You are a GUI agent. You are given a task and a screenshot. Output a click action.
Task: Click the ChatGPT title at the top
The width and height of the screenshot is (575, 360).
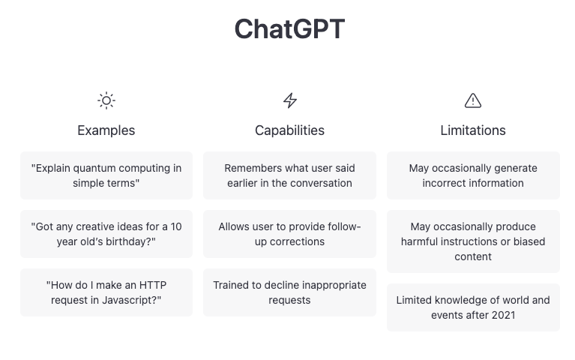click(x=289, y=29)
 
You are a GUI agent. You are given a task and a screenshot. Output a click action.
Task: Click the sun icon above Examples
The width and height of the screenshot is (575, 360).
click(x=106, y=100)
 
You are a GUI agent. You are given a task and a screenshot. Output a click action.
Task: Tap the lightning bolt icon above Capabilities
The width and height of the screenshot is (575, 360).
click(x=289, y=100)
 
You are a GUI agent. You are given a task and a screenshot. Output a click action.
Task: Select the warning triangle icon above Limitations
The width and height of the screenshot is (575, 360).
click(x=473, y=100)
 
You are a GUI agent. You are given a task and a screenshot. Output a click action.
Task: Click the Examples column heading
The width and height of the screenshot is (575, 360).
click(x=106, y=130)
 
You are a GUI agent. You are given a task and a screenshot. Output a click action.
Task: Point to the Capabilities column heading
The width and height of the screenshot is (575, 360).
click(x=289, y=130)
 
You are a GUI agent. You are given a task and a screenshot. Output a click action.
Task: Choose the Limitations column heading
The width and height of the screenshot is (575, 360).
click(x=473, y=130)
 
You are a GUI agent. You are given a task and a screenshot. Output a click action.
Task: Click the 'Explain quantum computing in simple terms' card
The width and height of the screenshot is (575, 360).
click(x=106, y=175)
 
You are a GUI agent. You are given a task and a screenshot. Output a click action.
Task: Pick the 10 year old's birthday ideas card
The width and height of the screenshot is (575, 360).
click(x=106, y=234)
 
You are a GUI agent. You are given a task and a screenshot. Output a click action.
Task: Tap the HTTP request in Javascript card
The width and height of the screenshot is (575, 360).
click(x=106, y=292)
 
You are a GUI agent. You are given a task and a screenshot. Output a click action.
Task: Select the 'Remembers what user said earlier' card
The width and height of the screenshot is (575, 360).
click(x=289, y=175)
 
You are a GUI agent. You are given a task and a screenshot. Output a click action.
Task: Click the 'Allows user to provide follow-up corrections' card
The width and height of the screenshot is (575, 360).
click(x=289, y=234)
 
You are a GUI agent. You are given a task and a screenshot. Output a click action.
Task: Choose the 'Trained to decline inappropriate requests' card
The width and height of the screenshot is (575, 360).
click(x=289, y=292)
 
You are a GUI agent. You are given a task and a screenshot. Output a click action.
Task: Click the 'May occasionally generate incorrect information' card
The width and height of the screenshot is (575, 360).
click(x=473, y=175)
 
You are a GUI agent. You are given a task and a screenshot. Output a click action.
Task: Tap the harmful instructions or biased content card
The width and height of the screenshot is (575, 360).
click(x=473, y=241)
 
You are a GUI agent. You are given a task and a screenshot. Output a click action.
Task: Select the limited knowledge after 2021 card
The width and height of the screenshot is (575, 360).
click(x=473, y=307)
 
